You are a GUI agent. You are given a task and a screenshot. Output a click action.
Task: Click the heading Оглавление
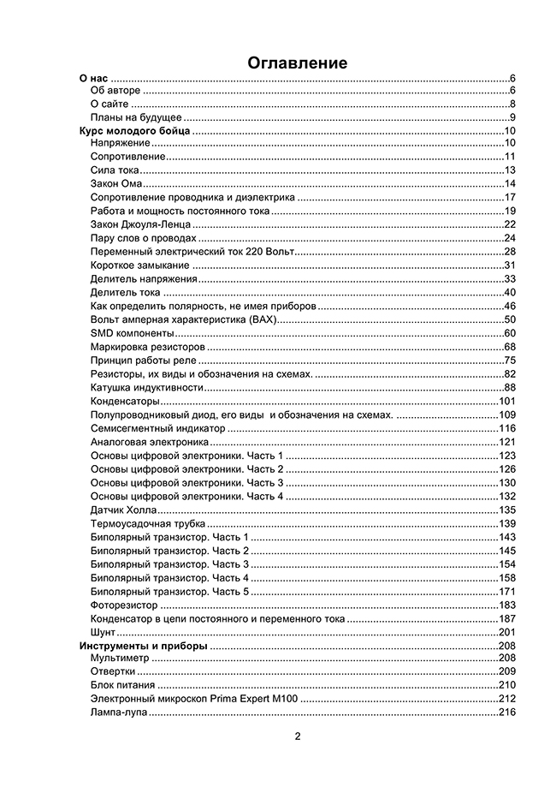298,63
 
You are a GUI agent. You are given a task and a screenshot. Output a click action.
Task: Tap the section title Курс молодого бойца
134,131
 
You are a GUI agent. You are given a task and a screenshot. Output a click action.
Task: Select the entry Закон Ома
116,183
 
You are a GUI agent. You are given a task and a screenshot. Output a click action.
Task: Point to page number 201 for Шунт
506,632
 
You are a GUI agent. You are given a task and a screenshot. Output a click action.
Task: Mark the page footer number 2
298,736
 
